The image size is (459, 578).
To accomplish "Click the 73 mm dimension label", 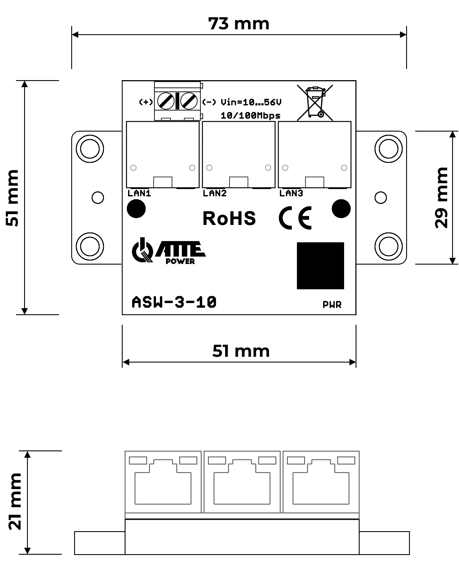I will coord(239,24).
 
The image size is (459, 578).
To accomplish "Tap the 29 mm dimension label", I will coord(441,198).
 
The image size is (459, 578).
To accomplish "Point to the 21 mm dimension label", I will coord(15,501).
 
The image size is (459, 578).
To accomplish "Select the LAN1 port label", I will coord(139,193).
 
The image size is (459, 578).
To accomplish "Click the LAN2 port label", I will coord(215,193).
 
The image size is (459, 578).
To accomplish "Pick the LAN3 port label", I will coord(291,193).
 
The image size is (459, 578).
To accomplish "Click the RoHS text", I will coord(229,218).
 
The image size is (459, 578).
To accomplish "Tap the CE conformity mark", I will coord(295,218).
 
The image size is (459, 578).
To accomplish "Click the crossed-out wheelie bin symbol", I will coord(315,103).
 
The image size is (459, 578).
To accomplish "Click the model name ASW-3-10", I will coord(174,302).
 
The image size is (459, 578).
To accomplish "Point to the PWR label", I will coord(332,305).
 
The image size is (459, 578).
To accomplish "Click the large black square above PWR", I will coord(320,265).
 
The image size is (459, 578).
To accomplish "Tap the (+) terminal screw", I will coord(166,101).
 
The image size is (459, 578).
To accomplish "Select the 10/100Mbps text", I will coord(250,115).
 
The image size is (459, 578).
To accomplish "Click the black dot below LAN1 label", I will coord(136,209).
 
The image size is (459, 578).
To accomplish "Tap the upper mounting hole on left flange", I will coord(90,149).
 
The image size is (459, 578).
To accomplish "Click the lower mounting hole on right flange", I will coord(388,246).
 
